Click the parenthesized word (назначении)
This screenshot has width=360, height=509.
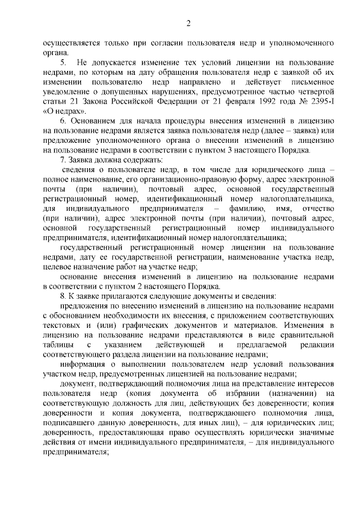click(x=292, y=394)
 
